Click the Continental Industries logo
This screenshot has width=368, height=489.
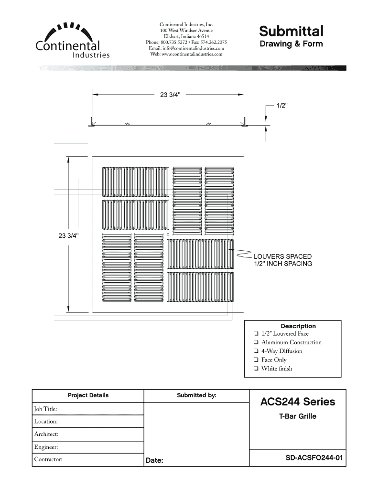(x=72, y=41)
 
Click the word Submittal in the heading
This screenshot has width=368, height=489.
(x=291, y=32)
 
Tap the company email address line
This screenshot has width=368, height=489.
(x=186, y=48)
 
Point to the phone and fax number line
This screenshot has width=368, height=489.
(x=186, y=43)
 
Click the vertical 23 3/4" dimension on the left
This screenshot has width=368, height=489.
(x=68, y=235)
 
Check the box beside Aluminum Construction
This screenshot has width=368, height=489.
(x=257, y=342)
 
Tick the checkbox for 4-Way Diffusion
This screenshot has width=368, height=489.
(x=257, y=351)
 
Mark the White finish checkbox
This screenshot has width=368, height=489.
(x=257, y=369)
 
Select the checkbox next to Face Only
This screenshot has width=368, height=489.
(x=257, y=360)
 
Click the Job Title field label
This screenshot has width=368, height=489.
(x=45, y=409)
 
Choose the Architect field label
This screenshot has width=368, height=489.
(x=46, y=434)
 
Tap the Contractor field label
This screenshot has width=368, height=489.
(x=48, y=459)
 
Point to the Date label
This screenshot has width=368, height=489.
(x=154, y=461)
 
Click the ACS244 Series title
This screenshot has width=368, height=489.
(x=297, y=402)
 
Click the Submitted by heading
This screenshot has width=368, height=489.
(x=196, y=395)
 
